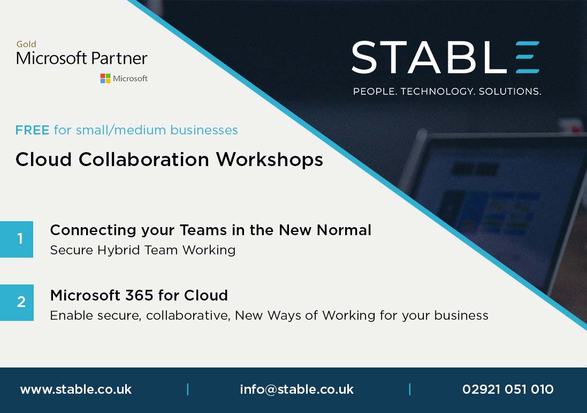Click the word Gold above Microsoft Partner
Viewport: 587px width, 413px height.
click(x=26, y=44)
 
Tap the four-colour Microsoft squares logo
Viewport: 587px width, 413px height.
click(x=105, y=78)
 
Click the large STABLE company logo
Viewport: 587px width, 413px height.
click(x=445, y=57)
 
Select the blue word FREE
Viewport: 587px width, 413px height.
click(x=32, y=130)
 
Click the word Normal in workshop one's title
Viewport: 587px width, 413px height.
click(x=344, y=230)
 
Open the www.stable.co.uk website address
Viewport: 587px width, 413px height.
click(x=75, y=389)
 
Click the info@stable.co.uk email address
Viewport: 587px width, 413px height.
click(x=296, y=389)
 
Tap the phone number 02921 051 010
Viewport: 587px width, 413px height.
click(x=508, y=389)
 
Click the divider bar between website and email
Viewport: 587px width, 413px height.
click(x=187, y=389)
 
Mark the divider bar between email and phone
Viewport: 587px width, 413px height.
click(x=410, y=389)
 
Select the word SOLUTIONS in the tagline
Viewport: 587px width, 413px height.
click(x=509, y=92)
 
